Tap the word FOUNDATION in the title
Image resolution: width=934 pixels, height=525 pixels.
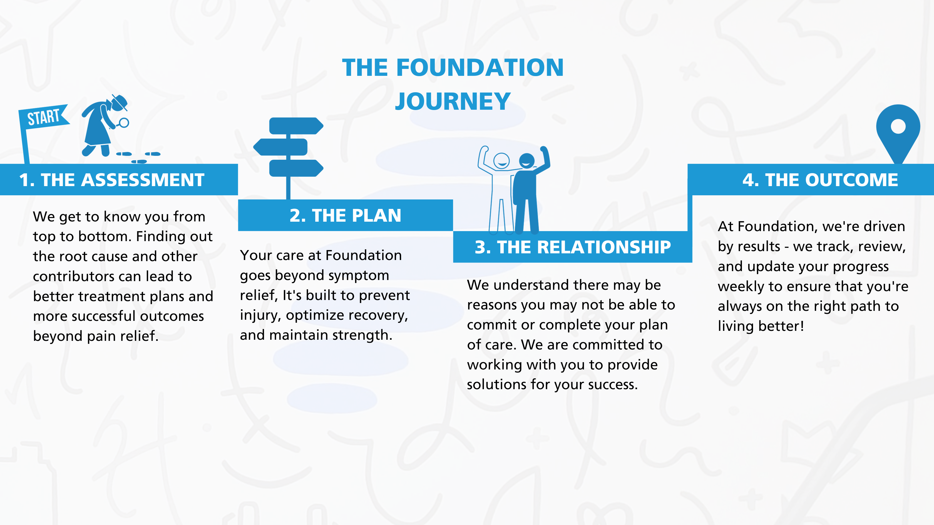(480, 68)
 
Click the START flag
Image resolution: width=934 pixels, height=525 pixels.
(44, 117)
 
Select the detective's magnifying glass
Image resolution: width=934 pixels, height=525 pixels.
(123, 123)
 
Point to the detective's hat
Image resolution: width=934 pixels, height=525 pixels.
(120, 102)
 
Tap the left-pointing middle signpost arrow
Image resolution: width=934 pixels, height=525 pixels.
(280, 147)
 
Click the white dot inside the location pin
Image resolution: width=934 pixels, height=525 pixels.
(898, 126)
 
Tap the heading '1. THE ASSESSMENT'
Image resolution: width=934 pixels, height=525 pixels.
(112, 180)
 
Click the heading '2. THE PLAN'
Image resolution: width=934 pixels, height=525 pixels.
(345, 216)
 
